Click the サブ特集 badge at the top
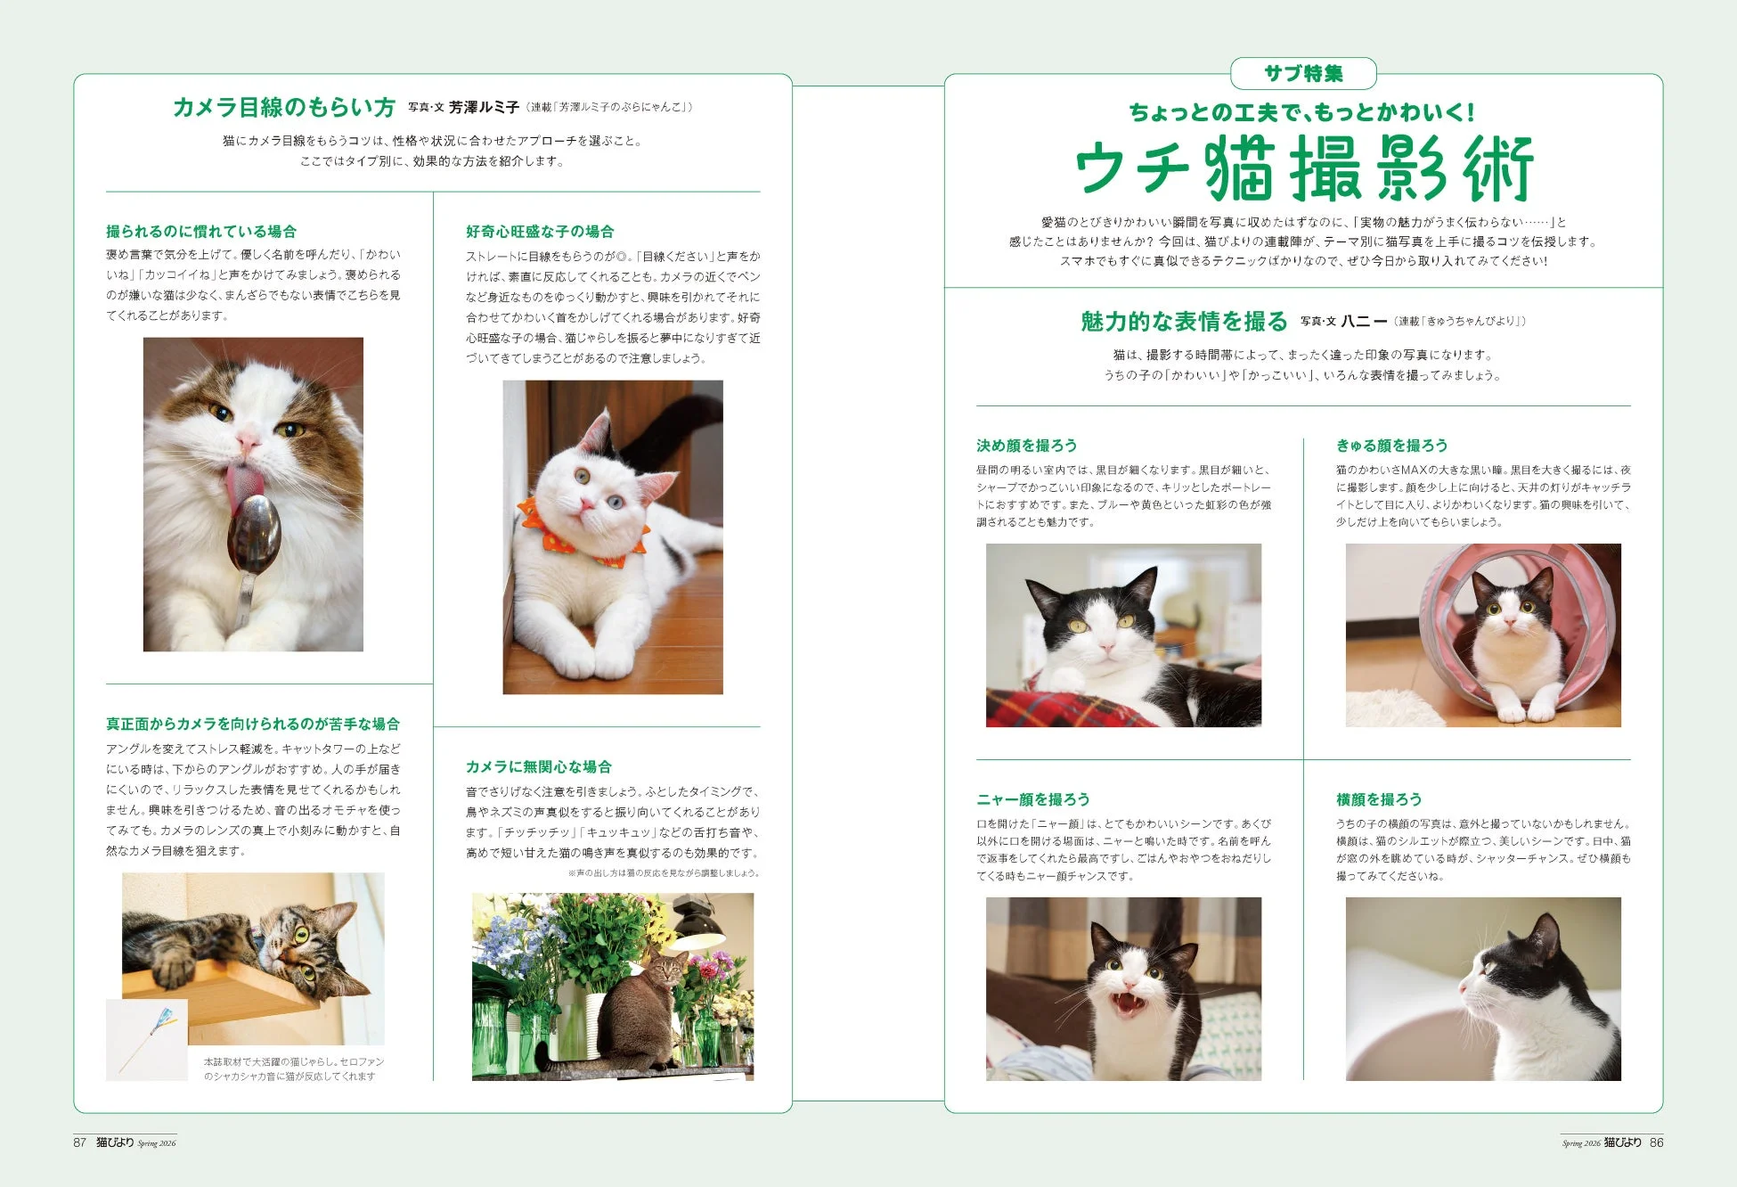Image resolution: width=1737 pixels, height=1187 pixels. click(1302, 74)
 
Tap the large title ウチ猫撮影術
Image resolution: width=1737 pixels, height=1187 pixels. click(1302, 169)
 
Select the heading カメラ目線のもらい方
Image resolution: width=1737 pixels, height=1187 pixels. click(283, 108)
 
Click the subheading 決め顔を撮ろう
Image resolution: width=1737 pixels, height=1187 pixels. click(1026, 446)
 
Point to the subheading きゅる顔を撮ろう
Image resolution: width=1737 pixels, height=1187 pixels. click(1391, 446)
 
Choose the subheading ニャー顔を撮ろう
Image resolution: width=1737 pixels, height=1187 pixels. click(1032, 799)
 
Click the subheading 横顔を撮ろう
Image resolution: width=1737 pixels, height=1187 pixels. click(1378, 799)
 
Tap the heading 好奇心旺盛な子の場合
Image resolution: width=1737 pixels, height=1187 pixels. click(540, 232)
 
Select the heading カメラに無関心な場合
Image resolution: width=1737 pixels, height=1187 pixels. click(538, 767)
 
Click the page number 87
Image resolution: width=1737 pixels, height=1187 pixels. click(80, 1142)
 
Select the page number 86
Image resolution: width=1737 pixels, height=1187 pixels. click(1656, 1142)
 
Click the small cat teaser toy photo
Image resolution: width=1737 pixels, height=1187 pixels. click(147, 1039)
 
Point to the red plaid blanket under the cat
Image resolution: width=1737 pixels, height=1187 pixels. click(1069, 708)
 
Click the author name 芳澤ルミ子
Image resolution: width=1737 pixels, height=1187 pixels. click(484, 108)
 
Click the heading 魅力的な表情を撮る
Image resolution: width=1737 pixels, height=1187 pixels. click(1184, 322)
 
